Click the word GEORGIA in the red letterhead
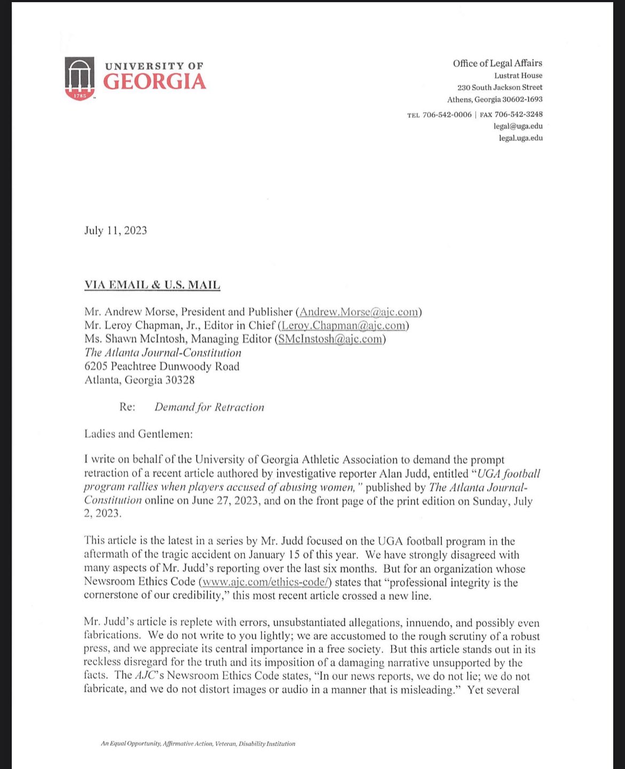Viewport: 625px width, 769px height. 154,82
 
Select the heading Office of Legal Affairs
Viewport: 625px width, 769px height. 497,63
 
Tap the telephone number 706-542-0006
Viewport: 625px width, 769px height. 447,114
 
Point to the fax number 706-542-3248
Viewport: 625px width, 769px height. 518,114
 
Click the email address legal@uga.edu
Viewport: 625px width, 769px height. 518,126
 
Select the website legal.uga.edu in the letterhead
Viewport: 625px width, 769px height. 520,138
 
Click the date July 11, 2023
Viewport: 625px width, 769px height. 115,231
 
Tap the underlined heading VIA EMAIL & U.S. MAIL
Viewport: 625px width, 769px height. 152,285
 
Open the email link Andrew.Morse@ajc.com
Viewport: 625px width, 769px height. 358,312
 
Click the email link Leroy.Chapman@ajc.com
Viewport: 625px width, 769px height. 343,326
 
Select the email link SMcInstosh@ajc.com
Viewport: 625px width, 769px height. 330,339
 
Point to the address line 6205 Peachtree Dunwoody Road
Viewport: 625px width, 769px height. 162,367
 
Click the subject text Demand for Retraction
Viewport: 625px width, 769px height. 209,407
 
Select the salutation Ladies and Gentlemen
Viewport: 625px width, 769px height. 138,434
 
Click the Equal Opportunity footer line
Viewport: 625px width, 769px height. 198,743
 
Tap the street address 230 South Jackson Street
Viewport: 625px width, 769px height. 499,87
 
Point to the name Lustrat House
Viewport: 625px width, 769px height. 518,75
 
